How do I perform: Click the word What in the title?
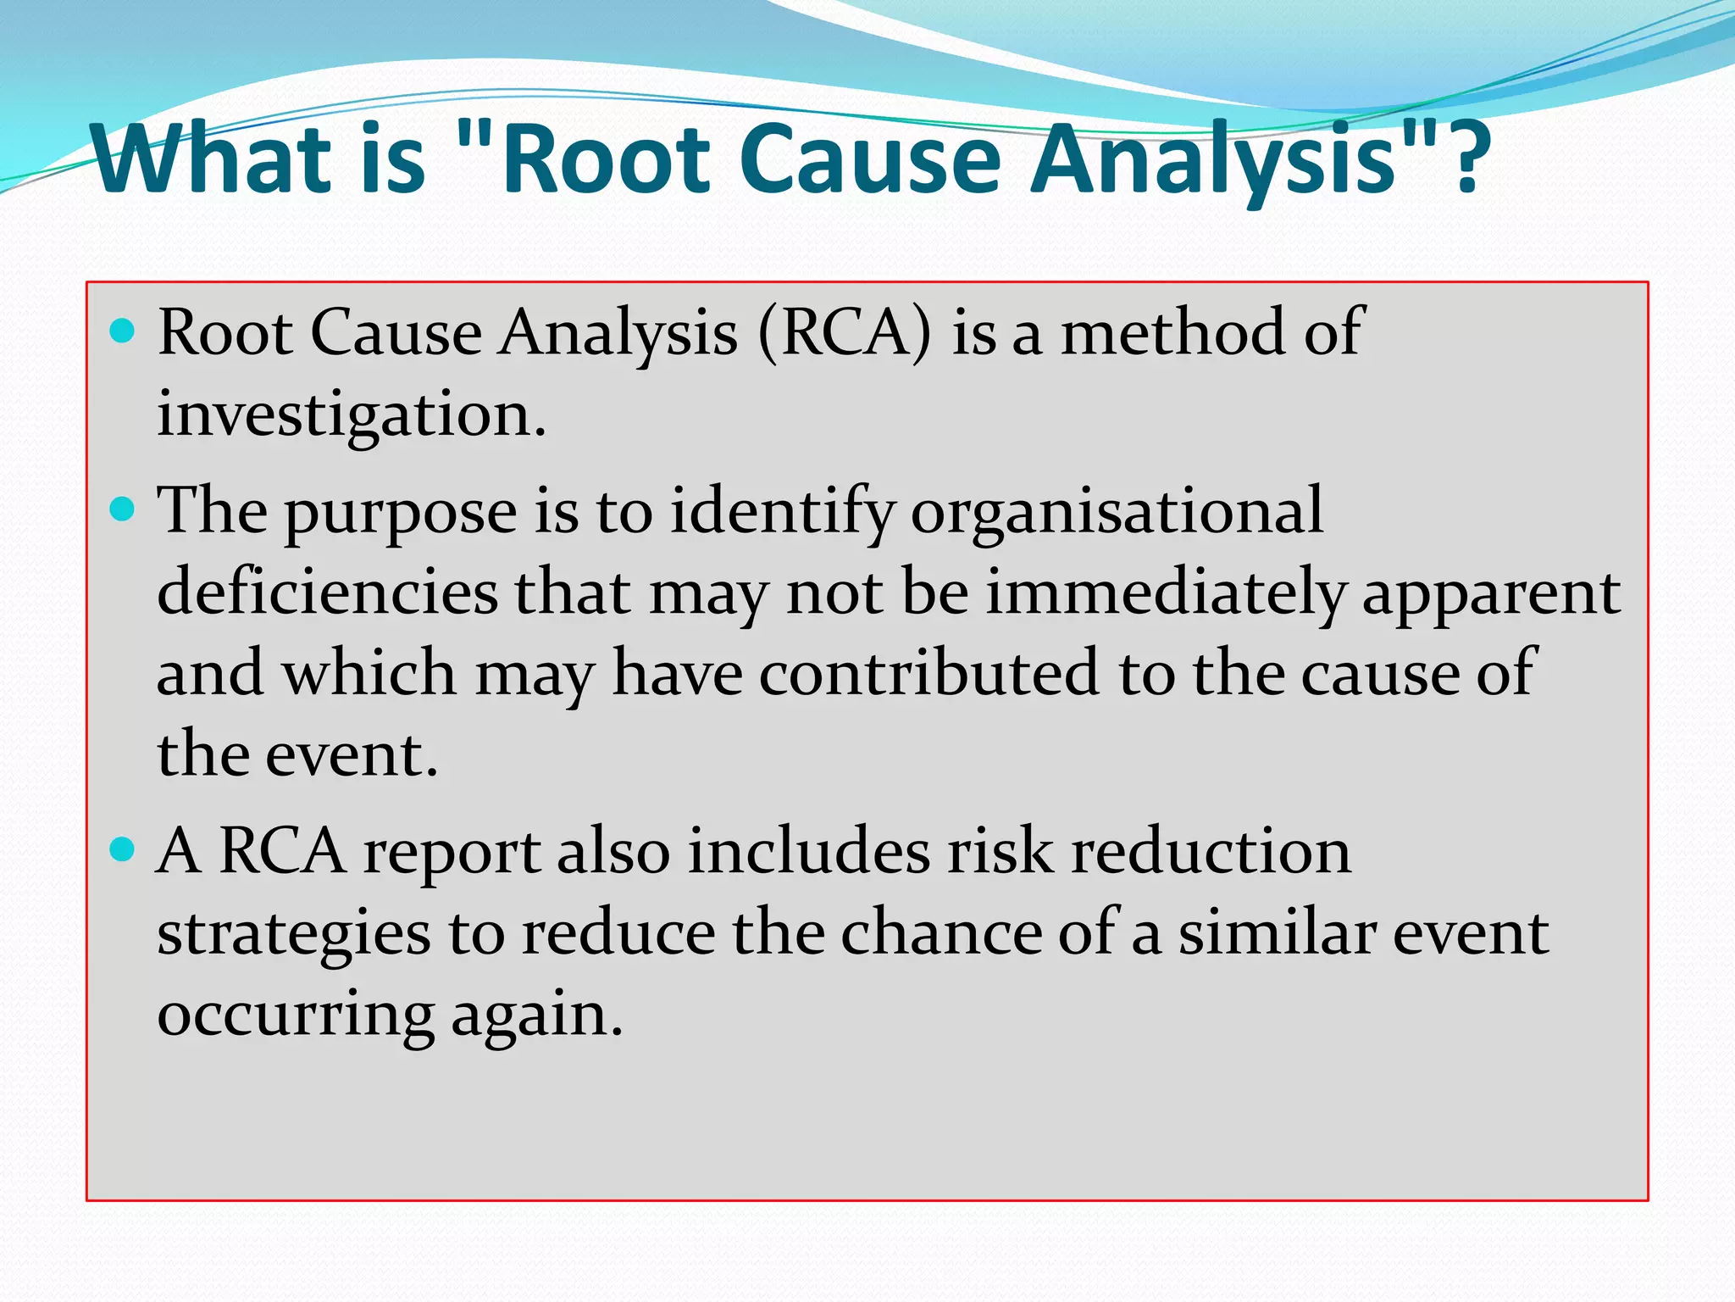click(212, 159)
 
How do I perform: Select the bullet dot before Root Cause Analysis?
click(123, 331)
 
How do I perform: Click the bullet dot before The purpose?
click(123, 509)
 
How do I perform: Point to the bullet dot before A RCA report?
click(123, 849)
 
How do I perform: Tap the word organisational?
click(1116, 511)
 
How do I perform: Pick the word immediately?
click(1166, 592)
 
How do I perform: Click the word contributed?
click(928, 673)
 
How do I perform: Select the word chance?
click(941, 932)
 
